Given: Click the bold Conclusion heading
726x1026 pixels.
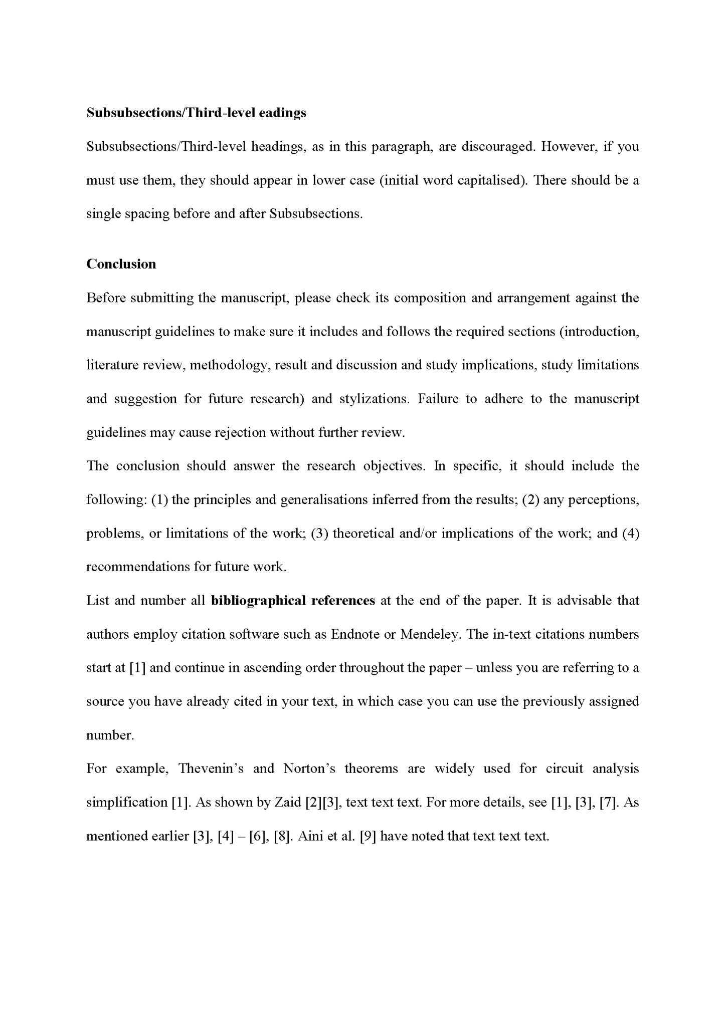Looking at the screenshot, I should (121, 264).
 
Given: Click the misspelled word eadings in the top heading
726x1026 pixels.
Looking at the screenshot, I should (282, 113).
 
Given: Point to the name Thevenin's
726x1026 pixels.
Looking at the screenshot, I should (211, 768).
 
